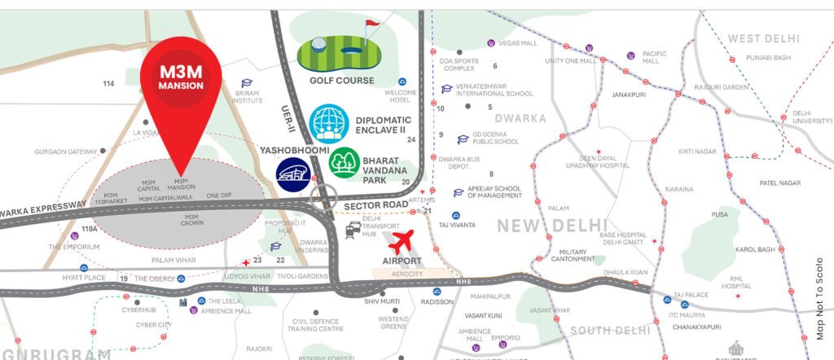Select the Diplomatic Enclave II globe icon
(x=330, y=125)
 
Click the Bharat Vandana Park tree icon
(x=345, y=163)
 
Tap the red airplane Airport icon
(x=405, y=242)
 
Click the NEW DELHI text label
(x=552, y=226)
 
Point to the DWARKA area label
(x=519, y=118)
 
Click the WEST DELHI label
(x=764, y=39)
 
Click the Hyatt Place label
(x=84, y=278)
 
